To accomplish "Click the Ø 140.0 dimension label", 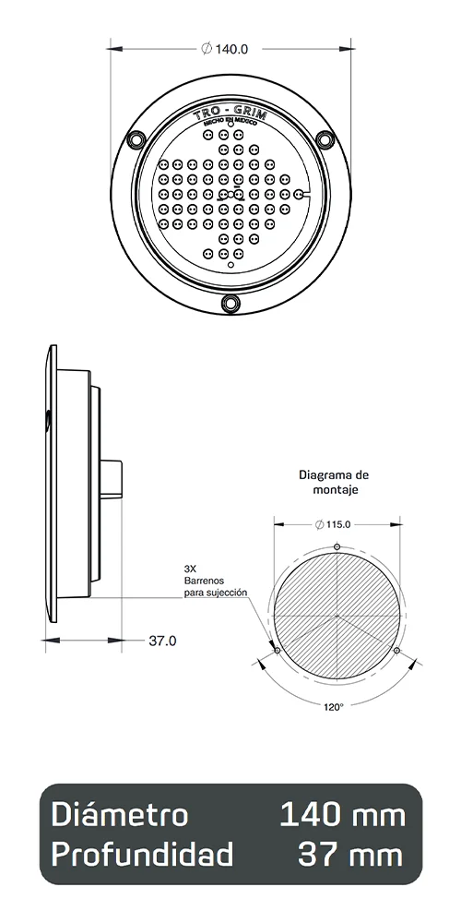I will pos(225,49).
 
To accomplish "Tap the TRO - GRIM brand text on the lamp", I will pos(230,114).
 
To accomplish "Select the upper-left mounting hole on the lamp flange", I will pos(136,139).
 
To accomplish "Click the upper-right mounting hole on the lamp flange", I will pos(325,139).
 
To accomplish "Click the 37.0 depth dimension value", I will pos(162,640).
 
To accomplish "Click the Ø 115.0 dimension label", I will pos(334,524).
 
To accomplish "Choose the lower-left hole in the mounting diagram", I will pos(278,651).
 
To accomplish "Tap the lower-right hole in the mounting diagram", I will pos(396,651).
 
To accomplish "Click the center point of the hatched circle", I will pos(337,616).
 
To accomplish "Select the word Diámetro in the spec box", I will pos(120,815).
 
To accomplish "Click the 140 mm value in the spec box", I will pos(342,815).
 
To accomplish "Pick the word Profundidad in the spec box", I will pos(142,855).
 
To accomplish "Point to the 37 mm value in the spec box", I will pos(351,855).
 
